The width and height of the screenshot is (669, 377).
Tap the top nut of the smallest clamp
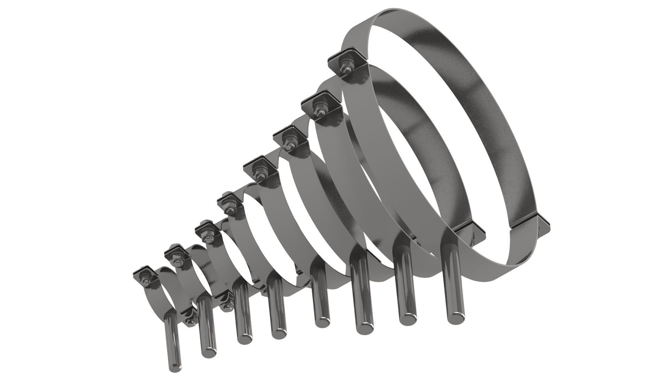pos(144,277)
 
